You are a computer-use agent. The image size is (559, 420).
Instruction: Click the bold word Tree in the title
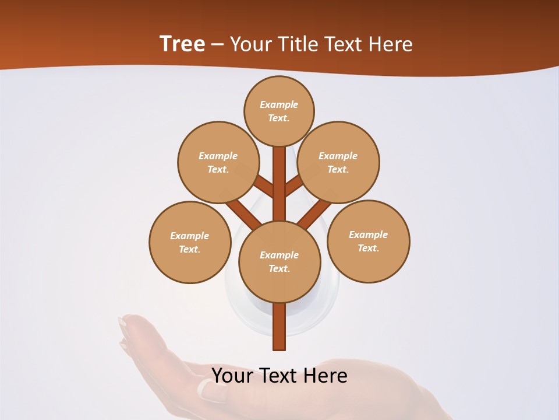[182, 44]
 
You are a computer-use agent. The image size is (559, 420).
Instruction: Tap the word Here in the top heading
[391, 44]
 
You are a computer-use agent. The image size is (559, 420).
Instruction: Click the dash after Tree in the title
[217, 45]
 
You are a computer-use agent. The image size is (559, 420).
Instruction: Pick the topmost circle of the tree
[279, 111]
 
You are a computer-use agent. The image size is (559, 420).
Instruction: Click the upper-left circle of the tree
[218, 162]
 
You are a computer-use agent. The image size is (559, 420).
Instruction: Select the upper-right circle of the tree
[338, 162]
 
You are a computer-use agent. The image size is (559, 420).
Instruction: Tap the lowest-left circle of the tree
[190, 242]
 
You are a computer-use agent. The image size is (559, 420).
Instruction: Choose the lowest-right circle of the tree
[368, 241]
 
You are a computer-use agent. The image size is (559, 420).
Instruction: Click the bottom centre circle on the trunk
[279, 262]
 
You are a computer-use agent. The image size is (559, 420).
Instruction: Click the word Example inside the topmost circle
[279, 104]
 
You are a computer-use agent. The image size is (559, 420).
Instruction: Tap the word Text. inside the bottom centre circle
[279, 268]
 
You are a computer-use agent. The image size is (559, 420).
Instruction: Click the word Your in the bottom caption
[231, 376]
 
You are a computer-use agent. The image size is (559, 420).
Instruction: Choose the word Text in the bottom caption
[279, 376]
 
